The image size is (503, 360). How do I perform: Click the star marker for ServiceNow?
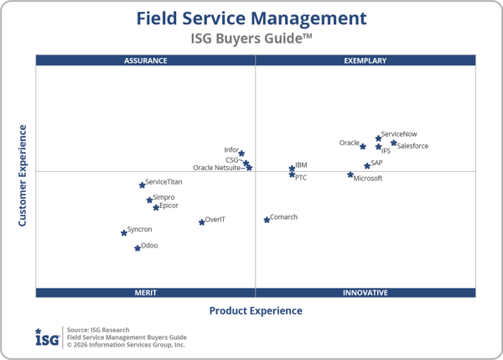click(x=379, y=138)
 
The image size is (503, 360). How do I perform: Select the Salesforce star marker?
click(x=394, y=143)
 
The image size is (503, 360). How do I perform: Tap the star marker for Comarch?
click(x=267, y=220)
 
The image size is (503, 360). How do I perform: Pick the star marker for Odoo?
click(x=137, y=248)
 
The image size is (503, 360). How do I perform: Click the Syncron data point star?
click(x=124, y=232)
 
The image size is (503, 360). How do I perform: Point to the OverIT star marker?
click(x=202, y=222)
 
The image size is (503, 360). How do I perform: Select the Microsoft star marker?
click(x=350, y=175)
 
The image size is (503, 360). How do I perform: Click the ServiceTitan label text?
click(x=163, y=182)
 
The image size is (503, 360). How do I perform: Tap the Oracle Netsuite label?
click(x=217, y=168)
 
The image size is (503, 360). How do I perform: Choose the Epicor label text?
click(x=169, y=206)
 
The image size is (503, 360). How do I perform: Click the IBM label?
click(x=301, y=166)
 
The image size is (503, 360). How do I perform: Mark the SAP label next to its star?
click(x=376, y=163)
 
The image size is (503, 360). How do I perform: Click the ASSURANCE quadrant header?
click(x=146, y=60)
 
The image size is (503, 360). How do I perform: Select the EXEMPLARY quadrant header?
click(x=366, y=60)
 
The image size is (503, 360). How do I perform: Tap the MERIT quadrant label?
click(x=146, y=293)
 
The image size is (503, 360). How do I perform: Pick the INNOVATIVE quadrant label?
click(x=366, y=293)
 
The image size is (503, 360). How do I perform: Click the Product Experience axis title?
click(x=256, y=311)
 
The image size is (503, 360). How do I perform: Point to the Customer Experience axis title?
click(x=23, y=175)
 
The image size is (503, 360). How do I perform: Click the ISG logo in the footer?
click(x=47, y=337)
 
